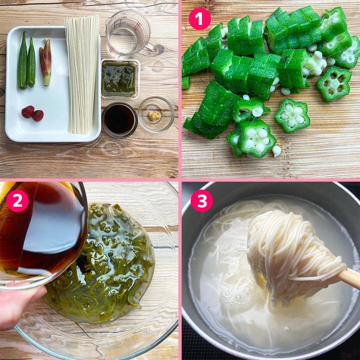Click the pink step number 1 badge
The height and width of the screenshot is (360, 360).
click(200, 19)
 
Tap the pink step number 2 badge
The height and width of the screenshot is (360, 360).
click(17, 201)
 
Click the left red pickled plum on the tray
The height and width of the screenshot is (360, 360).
click(28, 112)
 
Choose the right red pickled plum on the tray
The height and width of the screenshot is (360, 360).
click(38, 115)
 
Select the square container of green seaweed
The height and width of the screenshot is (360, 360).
click(119, 79)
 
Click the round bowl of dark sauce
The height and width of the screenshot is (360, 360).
click(119, 119)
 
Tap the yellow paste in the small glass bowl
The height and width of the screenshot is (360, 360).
click(154, 116)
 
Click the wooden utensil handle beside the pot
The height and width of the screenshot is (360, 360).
click(350, 278)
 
